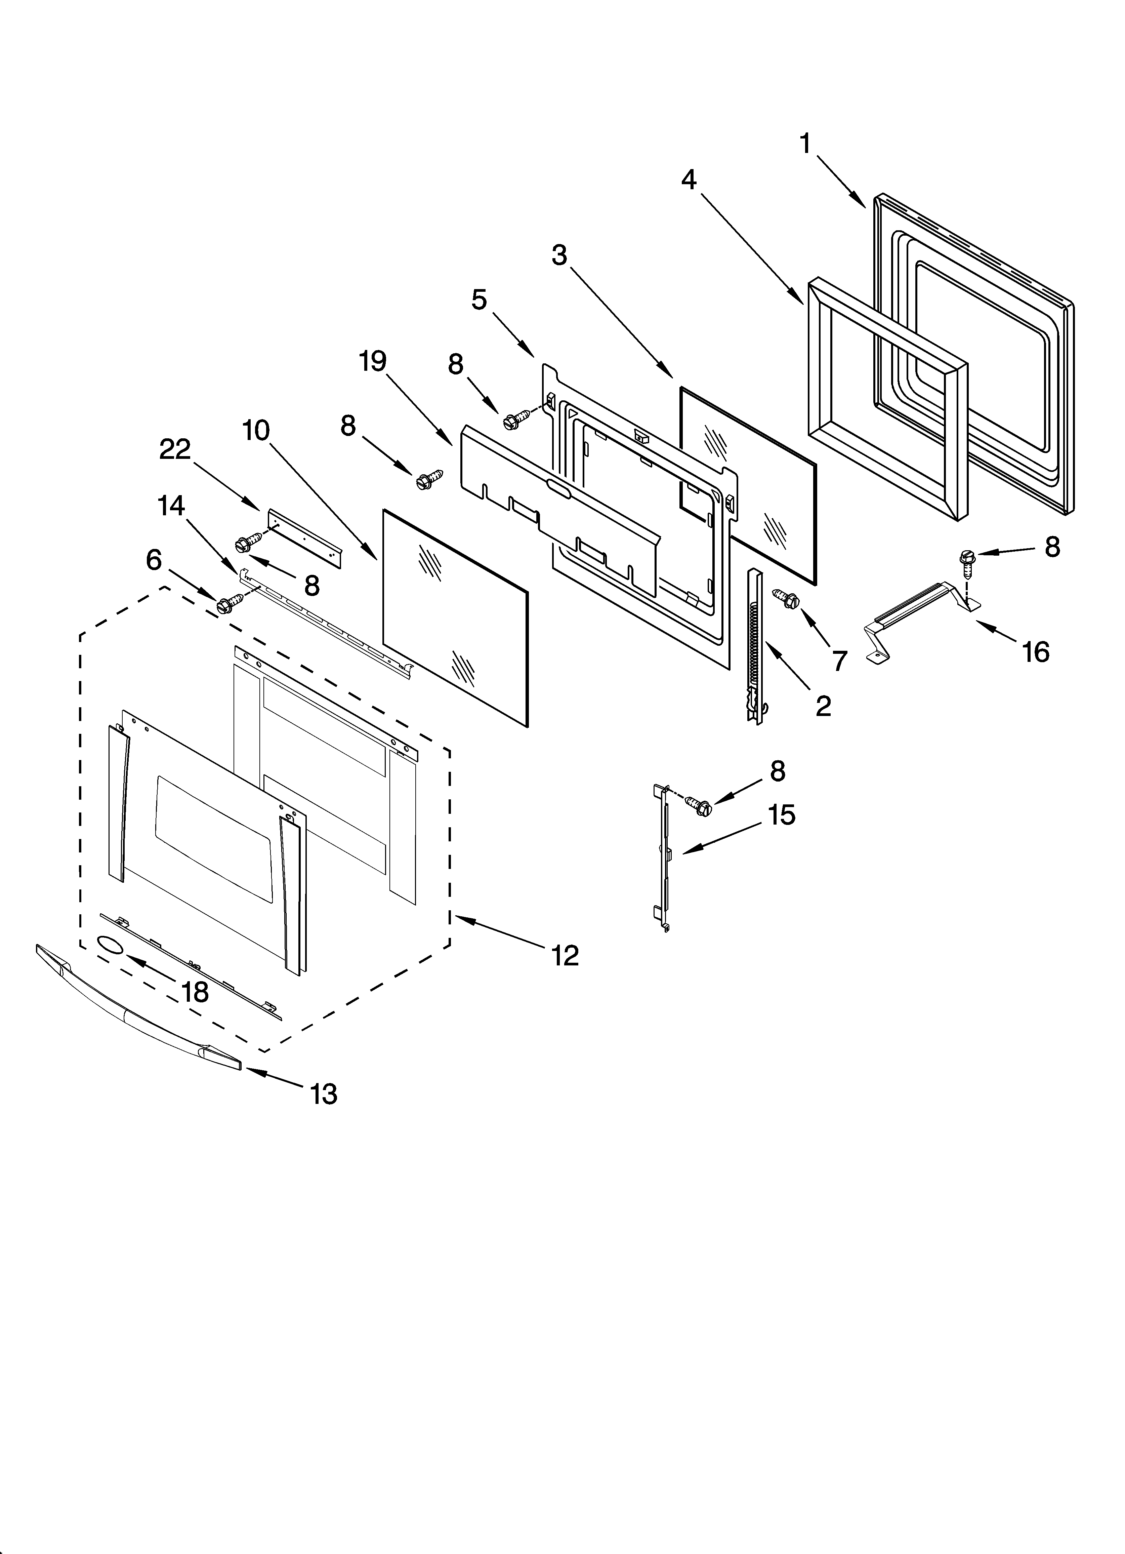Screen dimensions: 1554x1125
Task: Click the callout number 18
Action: coord(195,992)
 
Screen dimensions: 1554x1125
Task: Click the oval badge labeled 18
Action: coord(110,946)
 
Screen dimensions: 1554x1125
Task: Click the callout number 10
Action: coord(256,430)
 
